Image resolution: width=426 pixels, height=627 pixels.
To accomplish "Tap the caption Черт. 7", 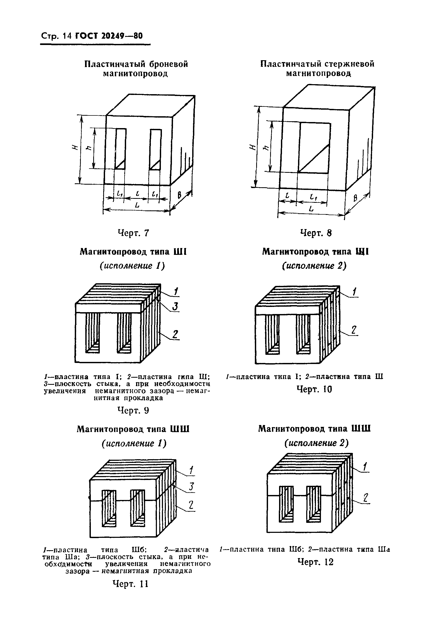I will [x=133, y=233].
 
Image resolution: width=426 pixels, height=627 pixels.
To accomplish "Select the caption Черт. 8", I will [x=316, y=233].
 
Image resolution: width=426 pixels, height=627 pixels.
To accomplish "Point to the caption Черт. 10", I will [x=314, y=389].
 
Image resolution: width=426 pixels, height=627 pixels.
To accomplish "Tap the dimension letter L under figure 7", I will [x=137, y=206].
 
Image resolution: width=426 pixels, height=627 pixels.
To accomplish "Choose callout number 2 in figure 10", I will [x=354, y=330].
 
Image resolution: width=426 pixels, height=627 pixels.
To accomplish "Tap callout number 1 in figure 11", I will [x=191, y=470].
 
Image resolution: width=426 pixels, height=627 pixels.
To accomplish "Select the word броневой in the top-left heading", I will [x=168, y=64].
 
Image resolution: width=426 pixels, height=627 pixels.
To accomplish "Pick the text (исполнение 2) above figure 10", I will [x=314, y=266].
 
